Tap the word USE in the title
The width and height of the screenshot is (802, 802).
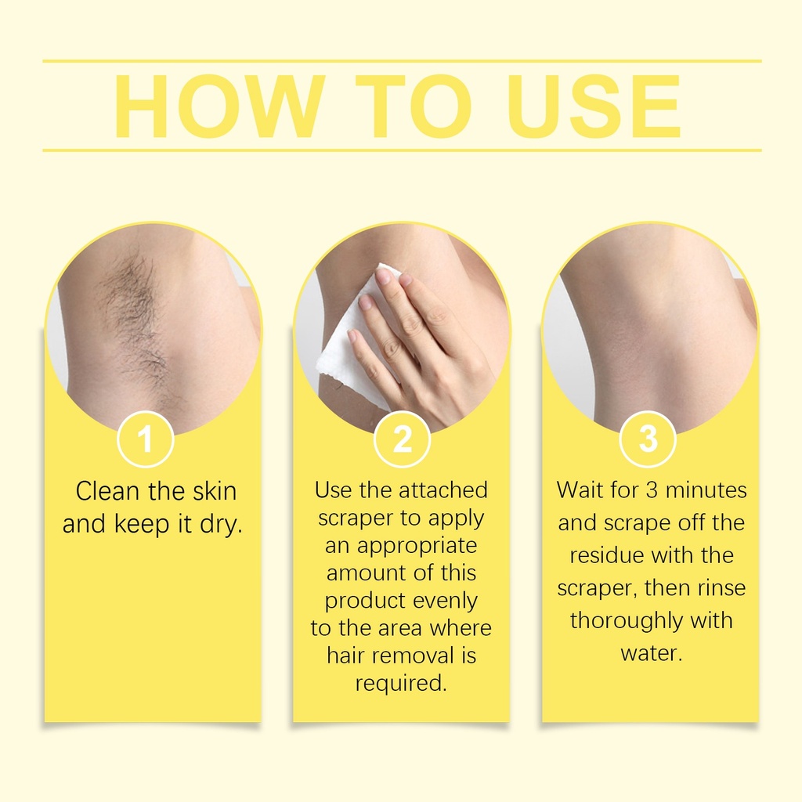(x=594, y=107)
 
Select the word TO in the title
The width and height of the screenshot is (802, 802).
(x=414, y=107)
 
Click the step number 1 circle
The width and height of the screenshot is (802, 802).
(x=146, y=439)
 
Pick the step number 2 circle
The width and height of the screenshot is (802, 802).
(x=402, y=439)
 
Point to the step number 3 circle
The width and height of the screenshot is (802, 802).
(x=648, y=439)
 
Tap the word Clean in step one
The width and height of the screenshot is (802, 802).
(x=107, y=491)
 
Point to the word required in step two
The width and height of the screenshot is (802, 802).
(x=401, y=684)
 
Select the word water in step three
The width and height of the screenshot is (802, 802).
(x=651, y=653)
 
